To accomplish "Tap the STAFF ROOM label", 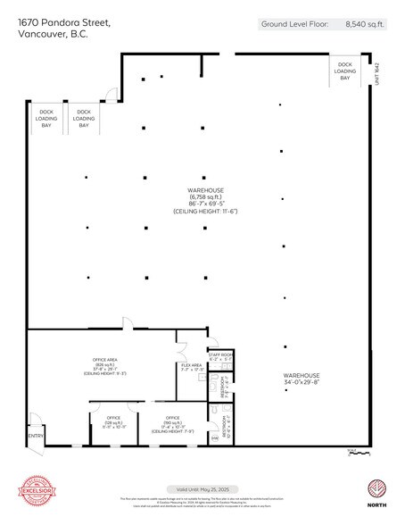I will [x=220, y=357].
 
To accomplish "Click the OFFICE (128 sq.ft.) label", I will [x=113, y=421].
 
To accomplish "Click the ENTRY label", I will [x=36, y=436].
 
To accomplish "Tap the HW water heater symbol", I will [x=214, y=437].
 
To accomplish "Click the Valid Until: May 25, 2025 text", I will [x=202, y=489].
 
